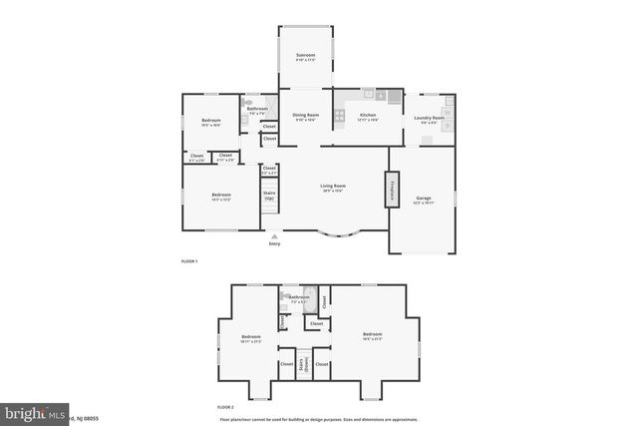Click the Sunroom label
(305, 57)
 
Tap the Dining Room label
(305, 117)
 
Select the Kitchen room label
(367, 117)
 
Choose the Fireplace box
(392, 190)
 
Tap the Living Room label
(332, 188)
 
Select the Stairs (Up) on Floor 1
(268, 196)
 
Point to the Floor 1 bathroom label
(257, 110)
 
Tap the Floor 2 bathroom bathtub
(309, 295)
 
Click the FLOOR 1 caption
(189, 261)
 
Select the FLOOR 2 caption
(225, 407)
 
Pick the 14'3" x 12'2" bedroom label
(220, 197)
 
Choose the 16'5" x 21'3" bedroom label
(372, 336)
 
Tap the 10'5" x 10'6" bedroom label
(210, 123)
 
